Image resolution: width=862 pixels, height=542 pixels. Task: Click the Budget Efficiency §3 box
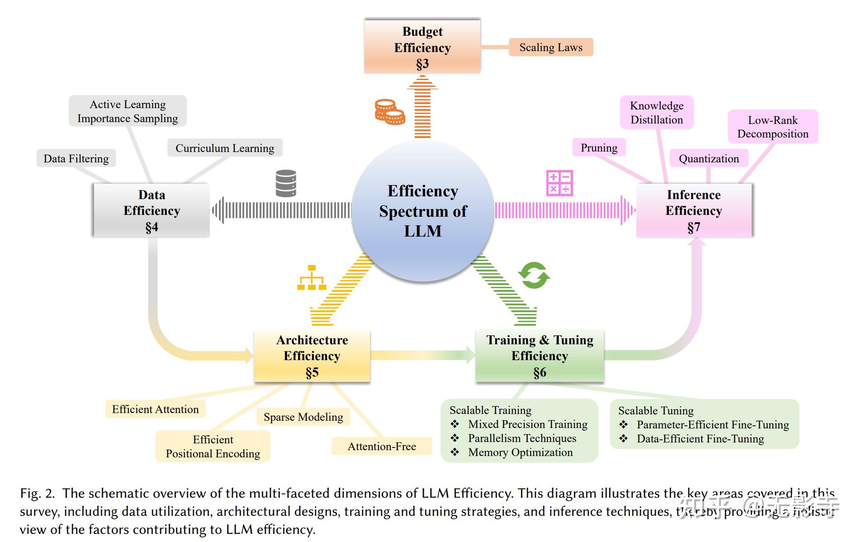coord(422,47)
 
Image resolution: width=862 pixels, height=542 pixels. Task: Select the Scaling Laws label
coord(550,48)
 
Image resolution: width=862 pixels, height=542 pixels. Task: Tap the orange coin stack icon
coord(389,112)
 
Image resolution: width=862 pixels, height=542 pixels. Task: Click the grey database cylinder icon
coord(286,183)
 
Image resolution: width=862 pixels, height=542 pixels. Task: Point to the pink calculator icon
coord(559,183)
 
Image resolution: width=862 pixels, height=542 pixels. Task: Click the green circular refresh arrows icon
coord(534,275)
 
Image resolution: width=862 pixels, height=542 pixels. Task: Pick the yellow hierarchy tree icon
coord(312,278)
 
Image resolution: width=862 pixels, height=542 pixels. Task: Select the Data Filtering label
coord(76,158)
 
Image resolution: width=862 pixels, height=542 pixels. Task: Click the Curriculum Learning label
coord(225,148)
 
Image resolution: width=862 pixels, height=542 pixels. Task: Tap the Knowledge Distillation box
coord(657,113)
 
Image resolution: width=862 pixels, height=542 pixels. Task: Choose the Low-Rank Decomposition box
coord(772,127)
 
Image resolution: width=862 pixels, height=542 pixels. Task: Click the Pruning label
coord(599,147)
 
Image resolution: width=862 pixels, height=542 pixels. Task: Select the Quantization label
coord(709,158)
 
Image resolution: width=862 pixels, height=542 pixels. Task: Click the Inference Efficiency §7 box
coord(694,210)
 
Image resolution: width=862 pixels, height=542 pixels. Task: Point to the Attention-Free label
coord(382,446)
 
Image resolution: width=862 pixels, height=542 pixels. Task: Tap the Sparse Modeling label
coord(303,417)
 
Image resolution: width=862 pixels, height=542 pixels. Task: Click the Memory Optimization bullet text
coord(520,452)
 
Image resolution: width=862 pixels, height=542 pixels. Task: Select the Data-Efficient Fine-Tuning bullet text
coord(700,438)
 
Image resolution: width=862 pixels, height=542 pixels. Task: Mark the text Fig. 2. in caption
coord(37,493)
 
